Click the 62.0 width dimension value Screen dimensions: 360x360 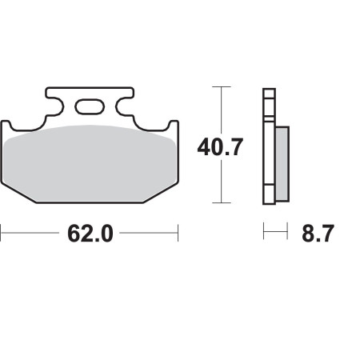(x=90, y=234)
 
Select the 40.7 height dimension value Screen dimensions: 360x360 (x=220, y=147)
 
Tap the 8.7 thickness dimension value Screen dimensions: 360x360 (x=318, y=234)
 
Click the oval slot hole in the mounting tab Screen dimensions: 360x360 (x=90, y=107)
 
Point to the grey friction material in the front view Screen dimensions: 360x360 (x=90, y=163)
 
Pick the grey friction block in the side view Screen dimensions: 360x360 (x=282, y=164)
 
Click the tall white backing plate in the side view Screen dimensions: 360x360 (x=269, y=146)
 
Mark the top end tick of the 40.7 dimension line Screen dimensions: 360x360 (x=222, y=86)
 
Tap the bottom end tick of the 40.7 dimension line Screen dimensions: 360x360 (x=222, y=202)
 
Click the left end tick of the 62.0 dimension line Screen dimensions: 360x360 (x=1, y=233)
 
